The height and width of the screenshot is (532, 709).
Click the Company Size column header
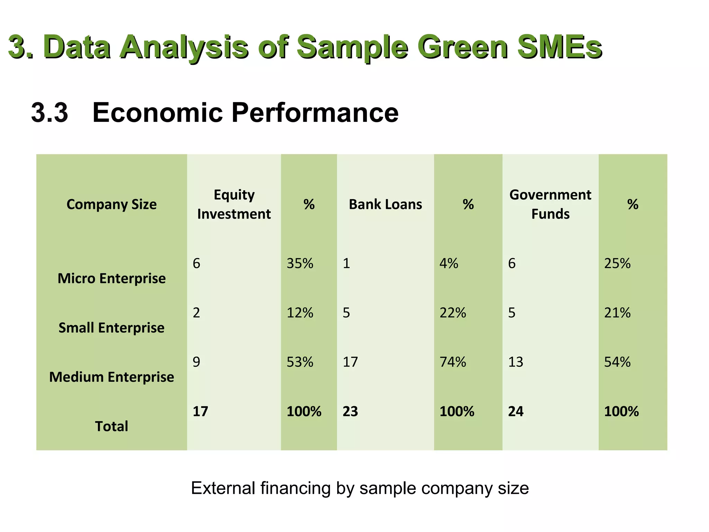tap(111, 204)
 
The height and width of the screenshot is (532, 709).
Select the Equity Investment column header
tap(234, 204)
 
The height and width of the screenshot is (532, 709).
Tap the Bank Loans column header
tap(385, 204)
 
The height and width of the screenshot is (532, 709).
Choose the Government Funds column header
tap(550, 204)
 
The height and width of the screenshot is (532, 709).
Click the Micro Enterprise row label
tap(111, 278)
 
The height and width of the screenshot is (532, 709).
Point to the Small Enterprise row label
tap(111, 328)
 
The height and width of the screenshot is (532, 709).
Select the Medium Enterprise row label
tap(111, 377)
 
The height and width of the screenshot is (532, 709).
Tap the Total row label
tap(111, 426)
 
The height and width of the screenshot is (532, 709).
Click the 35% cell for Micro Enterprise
tap(300, 264)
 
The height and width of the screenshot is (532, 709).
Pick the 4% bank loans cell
tap(449, 264)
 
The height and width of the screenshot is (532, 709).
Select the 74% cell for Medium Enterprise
tap(453, 362)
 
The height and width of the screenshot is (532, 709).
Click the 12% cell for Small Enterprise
tap(300, 313)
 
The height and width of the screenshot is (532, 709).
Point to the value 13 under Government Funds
tap(515, 362)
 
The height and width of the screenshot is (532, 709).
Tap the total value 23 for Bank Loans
tap(350, 411)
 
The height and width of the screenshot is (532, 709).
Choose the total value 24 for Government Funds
tap(515, 411)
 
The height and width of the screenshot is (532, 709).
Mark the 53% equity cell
tap(300, 362)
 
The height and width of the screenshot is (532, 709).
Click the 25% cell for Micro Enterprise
tap(617, 264)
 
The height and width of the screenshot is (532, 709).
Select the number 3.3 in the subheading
tap(50, 113)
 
